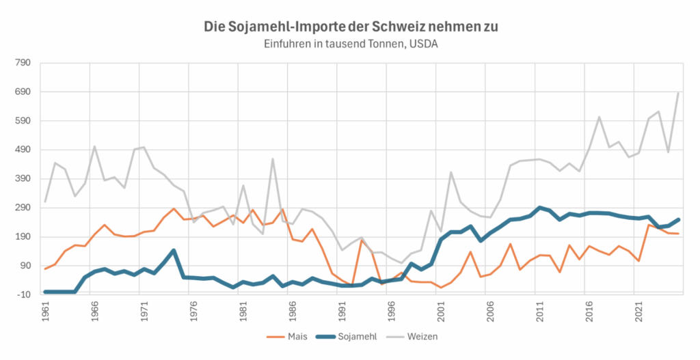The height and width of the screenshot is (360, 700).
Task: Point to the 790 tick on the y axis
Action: pyautogui.click(x=22, y=63)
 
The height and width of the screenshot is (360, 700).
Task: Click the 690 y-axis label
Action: pyautogui.click(x=22, y=92)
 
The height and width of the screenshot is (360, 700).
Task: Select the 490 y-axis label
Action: pyautogui.click(x=22, y=150)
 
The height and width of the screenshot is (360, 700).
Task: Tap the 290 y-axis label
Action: pyautogui.click(x=22, y=208)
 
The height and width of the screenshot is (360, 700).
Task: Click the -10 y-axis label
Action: pyautogui.click(x=23, y=294)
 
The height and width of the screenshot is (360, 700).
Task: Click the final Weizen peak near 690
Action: pyautogui.click(x=677, y=92)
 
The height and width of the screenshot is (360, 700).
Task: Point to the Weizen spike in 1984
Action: pyautogui.click(x=273, y=159)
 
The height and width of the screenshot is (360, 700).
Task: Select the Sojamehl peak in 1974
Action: pyautogui.click(x=174, y=250)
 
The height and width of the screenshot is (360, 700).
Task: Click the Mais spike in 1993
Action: pyautogui.click(x=362, y=240)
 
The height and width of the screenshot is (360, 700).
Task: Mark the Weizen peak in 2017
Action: pyautogui.click(x=599, y=117)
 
